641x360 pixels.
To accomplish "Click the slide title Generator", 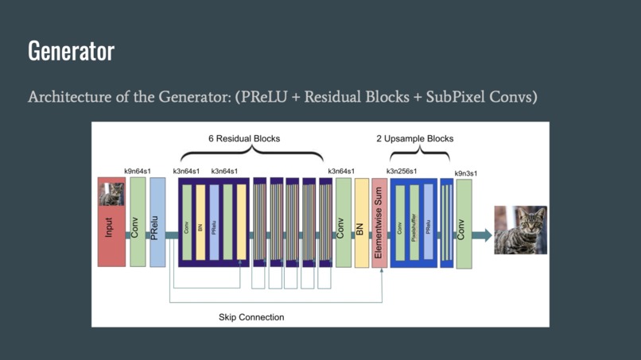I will point(71,51).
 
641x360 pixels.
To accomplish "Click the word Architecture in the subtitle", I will point(66,97).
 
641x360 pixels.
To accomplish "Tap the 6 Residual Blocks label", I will point(244,138).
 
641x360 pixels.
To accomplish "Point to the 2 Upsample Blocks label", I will point(414,138).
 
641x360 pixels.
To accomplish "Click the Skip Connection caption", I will point(251,317).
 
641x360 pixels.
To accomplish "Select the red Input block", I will point(111,234).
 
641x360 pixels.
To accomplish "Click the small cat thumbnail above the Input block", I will point(111,193).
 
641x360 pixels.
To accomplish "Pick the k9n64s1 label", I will point(137,171).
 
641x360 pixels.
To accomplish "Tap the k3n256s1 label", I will point(402,171).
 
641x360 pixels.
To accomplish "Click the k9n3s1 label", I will point(466,173).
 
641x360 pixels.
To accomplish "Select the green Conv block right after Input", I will point(137,223).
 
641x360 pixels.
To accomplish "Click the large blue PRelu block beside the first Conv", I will point(157,223).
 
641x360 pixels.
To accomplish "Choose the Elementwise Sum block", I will point(379,223).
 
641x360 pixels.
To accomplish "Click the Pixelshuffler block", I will point(414,223).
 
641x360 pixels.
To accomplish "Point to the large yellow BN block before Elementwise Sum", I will point(361,223).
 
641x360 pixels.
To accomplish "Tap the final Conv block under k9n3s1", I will point(463,224).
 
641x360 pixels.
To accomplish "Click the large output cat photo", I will point(520,230).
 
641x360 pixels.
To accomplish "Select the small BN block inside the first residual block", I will point(200,223).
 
